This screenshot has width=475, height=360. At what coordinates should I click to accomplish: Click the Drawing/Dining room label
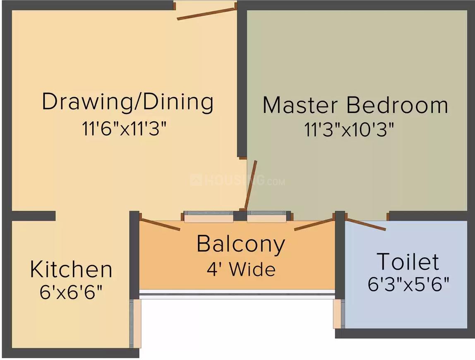(x=127, y=102)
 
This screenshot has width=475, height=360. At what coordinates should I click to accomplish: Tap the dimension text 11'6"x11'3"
(x=124, y=129)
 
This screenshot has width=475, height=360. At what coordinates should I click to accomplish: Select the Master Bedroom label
(x=355, y=105)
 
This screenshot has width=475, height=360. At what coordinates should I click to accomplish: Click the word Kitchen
(x=71, y=269)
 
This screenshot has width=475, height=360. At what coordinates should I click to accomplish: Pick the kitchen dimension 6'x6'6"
(x=71, y=293)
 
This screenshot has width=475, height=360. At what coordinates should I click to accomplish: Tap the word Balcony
(x=241, y=244)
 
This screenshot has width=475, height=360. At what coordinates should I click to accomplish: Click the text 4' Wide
(x=241, y=269)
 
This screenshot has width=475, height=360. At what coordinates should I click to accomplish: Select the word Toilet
(x=408, y=262)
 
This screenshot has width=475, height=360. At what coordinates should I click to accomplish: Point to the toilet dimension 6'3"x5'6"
(x=408, y=284)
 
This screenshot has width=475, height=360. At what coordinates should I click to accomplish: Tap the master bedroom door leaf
(x=251, y=185)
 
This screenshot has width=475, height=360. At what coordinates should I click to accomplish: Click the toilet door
(x=366, y=224)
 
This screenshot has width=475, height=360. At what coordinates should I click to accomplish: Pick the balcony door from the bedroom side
(x=313, y=224)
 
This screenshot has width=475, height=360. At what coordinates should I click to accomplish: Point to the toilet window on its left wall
(x=338, y=313)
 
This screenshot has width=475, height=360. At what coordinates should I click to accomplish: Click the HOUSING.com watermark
(x=237, y=180)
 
